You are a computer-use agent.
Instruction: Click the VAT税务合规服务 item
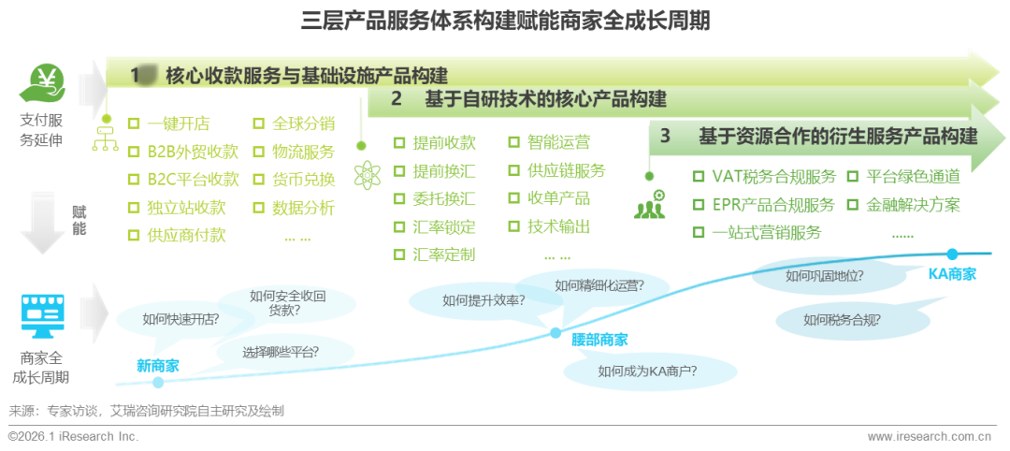[766, 177]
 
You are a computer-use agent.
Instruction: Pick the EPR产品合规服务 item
[766, 205]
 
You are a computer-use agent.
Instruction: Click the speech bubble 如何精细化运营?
[599, 286]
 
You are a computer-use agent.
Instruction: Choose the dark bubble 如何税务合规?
[841, 319]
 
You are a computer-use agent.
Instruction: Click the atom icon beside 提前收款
[366, 174]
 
